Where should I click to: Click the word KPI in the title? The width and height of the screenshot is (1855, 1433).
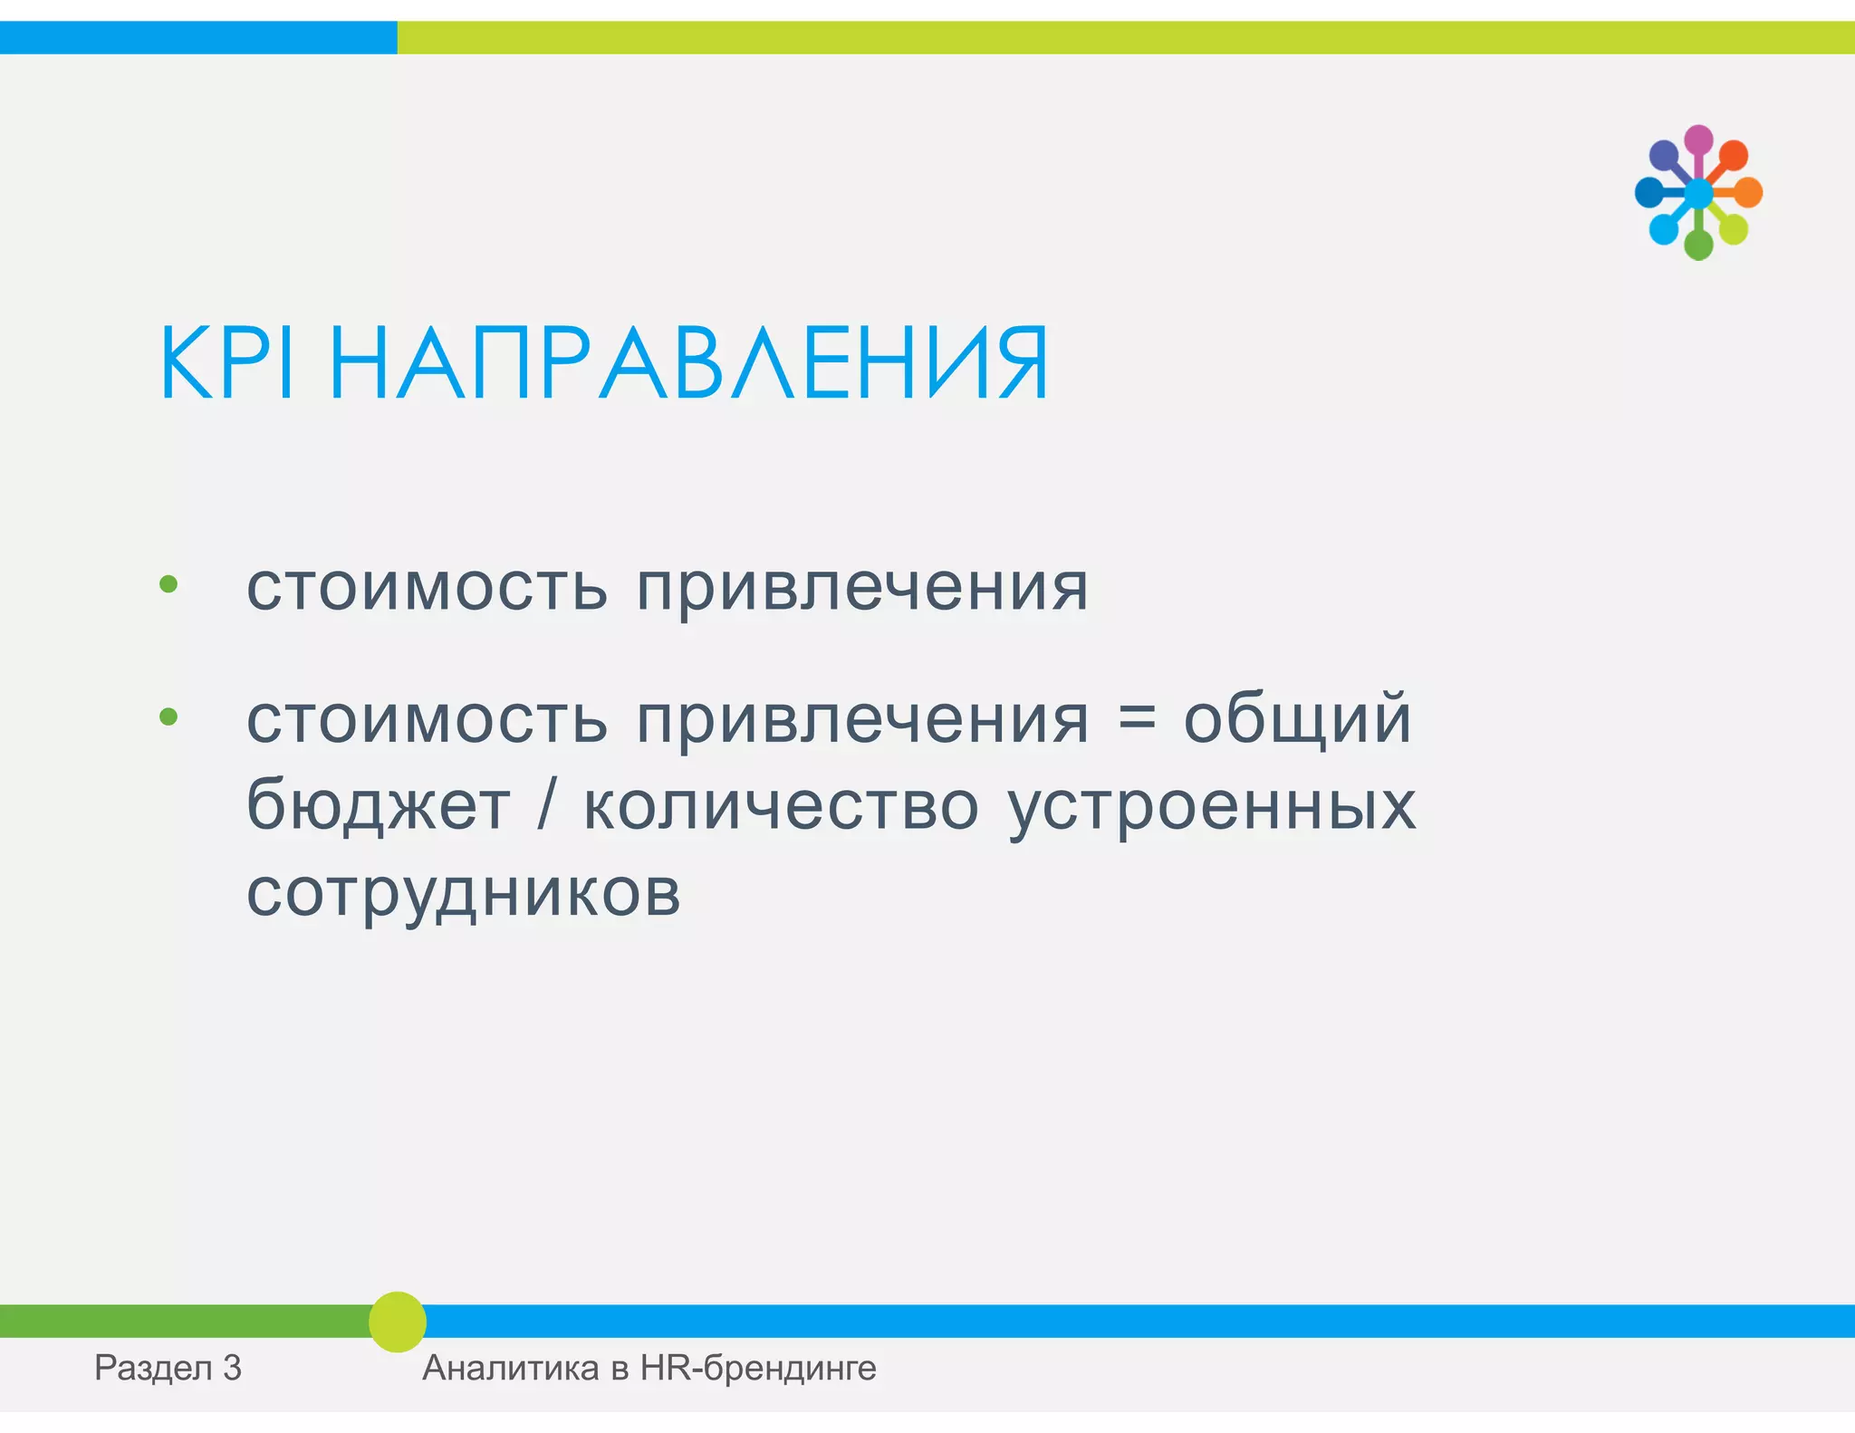[x=226, y=363]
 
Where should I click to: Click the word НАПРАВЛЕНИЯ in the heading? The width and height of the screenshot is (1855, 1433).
[x=688, y=363]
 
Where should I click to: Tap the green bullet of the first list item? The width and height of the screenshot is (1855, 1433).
[x=168, y=584]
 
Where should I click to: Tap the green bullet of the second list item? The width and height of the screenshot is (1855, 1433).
[x=168, y=717]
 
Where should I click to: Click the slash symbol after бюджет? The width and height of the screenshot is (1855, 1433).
[x=545, y=804]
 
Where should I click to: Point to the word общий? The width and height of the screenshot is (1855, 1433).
[x=1297, y=718]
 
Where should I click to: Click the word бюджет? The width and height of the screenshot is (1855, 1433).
[x=378, y=804]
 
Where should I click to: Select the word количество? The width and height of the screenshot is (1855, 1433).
[x=781, y=804]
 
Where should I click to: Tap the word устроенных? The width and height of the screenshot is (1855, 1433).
[x=1212, y=806]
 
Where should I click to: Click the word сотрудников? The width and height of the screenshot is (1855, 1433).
[x=463, y=892]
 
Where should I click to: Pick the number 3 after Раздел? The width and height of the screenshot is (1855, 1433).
[x=232, y=1368]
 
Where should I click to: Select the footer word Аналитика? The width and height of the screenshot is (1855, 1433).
[x=510, y=1368]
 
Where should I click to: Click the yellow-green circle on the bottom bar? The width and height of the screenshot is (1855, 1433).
[x=398, y=1322]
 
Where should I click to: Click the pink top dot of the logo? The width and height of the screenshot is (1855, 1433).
[x=1698, y=140]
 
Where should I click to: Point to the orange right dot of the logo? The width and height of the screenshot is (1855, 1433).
[x=1747, y=192]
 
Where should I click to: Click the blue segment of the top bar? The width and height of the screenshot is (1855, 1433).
[x=197, y=38]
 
